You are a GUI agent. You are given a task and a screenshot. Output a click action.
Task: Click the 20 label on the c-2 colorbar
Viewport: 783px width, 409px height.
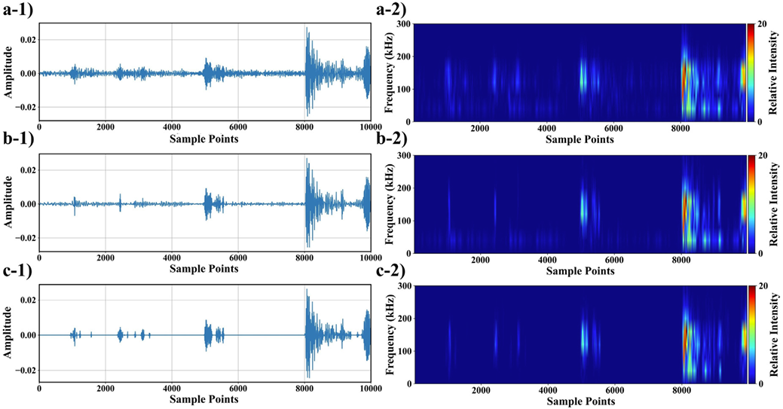[762, 287]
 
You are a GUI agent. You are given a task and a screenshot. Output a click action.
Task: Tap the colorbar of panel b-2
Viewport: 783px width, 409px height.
[751, 204]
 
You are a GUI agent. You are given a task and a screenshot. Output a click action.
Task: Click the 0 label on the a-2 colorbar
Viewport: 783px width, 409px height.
[760, 121]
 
